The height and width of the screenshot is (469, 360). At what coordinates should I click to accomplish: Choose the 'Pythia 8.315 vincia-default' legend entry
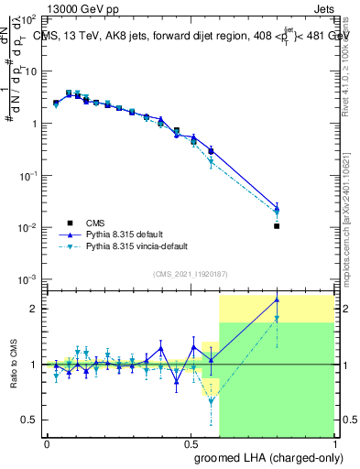pos(128,247)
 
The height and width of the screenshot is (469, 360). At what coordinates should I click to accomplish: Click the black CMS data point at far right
pos(277,225)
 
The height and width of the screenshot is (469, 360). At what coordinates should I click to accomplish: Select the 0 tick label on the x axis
pos(47,442)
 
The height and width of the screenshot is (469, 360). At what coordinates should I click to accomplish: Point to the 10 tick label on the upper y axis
pos(33,71)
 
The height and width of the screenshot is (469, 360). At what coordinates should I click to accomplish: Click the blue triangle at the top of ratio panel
pos(277,300)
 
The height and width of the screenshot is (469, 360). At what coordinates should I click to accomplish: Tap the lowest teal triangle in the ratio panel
pos(212,401)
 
